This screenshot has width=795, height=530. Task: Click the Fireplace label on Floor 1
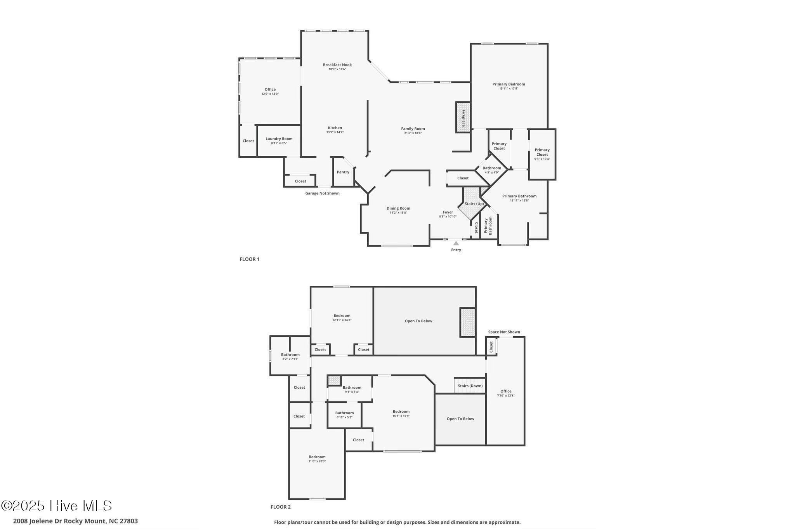tap(463, 118)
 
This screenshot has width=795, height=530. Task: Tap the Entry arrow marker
tap(456, 243)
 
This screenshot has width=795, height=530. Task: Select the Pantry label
tap(343, 172)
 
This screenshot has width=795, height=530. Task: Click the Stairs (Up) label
tap(474, 204)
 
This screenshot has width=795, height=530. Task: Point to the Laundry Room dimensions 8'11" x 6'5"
tap(279, 143)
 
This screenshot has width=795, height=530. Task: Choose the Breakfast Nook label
tap(337, 65)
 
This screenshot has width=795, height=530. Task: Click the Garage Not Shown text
tap(322, 193)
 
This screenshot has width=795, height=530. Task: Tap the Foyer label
tap(448, 212)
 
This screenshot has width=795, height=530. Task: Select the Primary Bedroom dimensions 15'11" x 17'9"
tap(509, 89)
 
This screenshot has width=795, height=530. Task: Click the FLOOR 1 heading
tap(249, 259)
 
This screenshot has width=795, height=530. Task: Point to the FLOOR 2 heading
tap(280, 507)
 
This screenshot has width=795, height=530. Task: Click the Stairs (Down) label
tap(470, 386)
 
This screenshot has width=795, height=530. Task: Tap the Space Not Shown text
tap(504, 332)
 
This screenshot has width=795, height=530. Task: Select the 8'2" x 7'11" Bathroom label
tap(290, 354)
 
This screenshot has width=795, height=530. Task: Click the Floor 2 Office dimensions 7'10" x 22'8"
tap(505, 396)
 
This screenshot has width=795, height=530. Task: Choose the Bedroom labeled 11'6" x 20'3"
tap(317, 457)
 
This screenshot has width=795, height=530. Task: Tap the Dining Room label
tap(398, 208)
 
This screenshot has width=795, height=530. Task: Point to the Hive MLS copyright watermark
tap(57, 506)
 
